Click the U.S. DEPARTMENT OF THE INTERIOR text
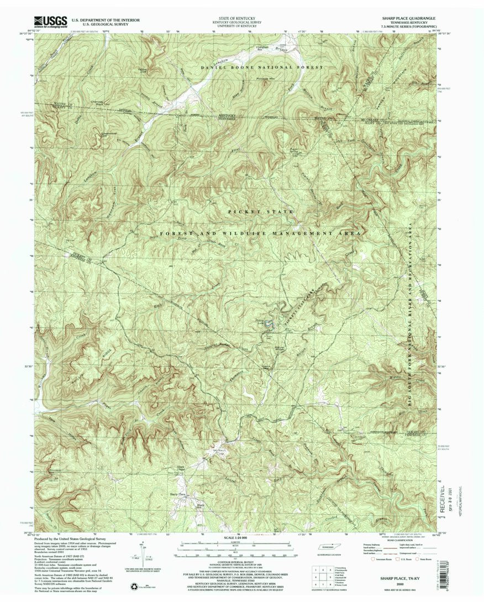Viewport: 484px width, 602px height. tap(105, 19)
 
